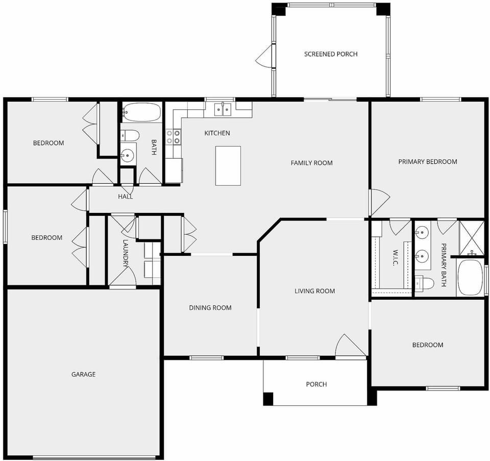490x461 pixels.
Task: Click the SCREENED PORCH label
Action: point(331,54)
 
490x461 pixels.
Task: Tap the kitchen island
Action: point(228,166)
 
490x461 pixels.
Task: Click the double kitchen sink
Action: point(223,109)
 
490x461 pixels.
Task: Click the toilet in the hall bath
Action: point(131,136)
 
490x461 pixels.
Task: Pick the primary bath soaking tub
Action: point(470,278)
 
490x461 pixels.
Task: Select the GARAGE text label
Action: point(83,375)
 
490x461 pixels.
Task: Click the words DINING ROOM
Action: point(210,308)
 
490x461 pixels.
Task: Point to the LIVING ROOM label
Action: point(314,291)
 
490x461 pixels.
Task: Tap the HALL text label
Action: point(126,197)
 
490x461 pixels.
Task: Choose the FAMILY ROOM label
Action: point(311,163)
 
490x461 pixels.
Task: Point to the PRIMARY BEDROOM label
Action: point(427,162)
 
